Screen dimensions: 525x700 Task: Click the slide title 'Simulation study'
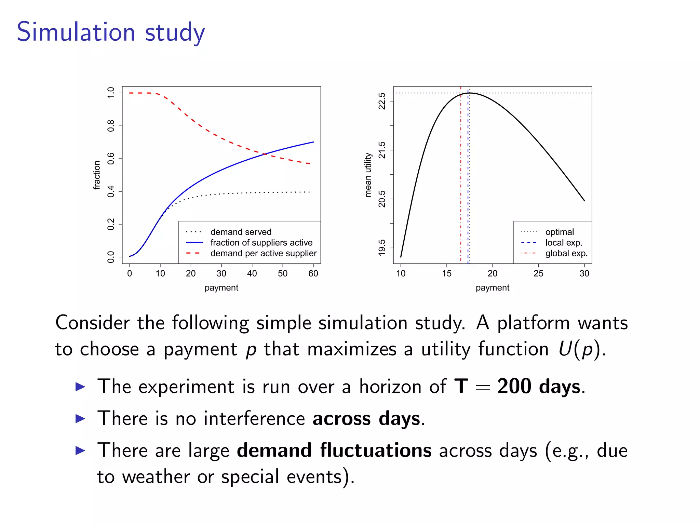tap(111, 32)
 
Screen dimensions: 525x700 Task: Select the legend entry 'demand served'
tap(241, 232)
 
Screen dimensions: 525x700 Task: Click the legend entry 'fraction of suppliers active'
tap(261, 243)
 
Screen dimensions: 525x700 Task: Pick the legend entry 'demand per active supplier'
tap(263, 253)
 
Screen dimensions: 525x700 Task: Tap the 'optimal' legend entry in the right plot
tap(559, 232)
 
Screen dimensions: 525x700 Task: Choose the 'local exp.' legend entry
tap(563, 243)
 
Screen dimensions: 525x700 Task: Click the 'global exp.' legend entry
tap(566, 253)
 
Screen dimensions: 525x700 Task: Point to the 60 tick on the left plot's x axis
tap(313, 273)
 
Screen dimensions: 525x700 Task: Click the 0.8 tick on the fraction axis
tap(111, 126)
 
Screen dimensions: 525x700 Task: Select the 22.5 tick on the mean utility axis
tap(382, 101)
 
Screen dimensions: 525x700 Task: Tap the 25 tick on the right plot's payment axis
tap(538, 273)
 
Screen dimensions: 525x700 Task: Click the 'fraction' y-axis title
tap(97, 175)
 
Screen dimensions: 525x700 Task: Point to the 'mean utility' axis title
tap(368, 175)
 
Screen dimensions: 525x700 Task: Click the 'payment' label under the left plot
tap(221, 288)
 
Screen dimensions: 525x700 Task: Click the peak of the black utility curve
tap(470, 93)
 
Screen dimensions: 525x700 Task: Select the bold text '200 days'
tap(539, 387)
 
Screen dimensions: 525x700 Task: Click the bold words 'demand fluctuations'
tap(334, 450)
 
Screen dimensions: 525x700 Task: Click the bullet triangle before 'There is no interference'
tap(80, 418)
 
